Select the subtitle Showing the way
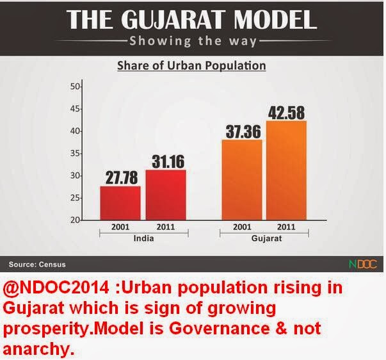[x=192, y=42]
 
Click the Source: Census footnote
[x=37, y=264]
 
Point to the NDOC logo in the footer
[x=363, y=263]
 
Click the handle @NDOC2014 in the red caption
[x=49, y=288]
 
